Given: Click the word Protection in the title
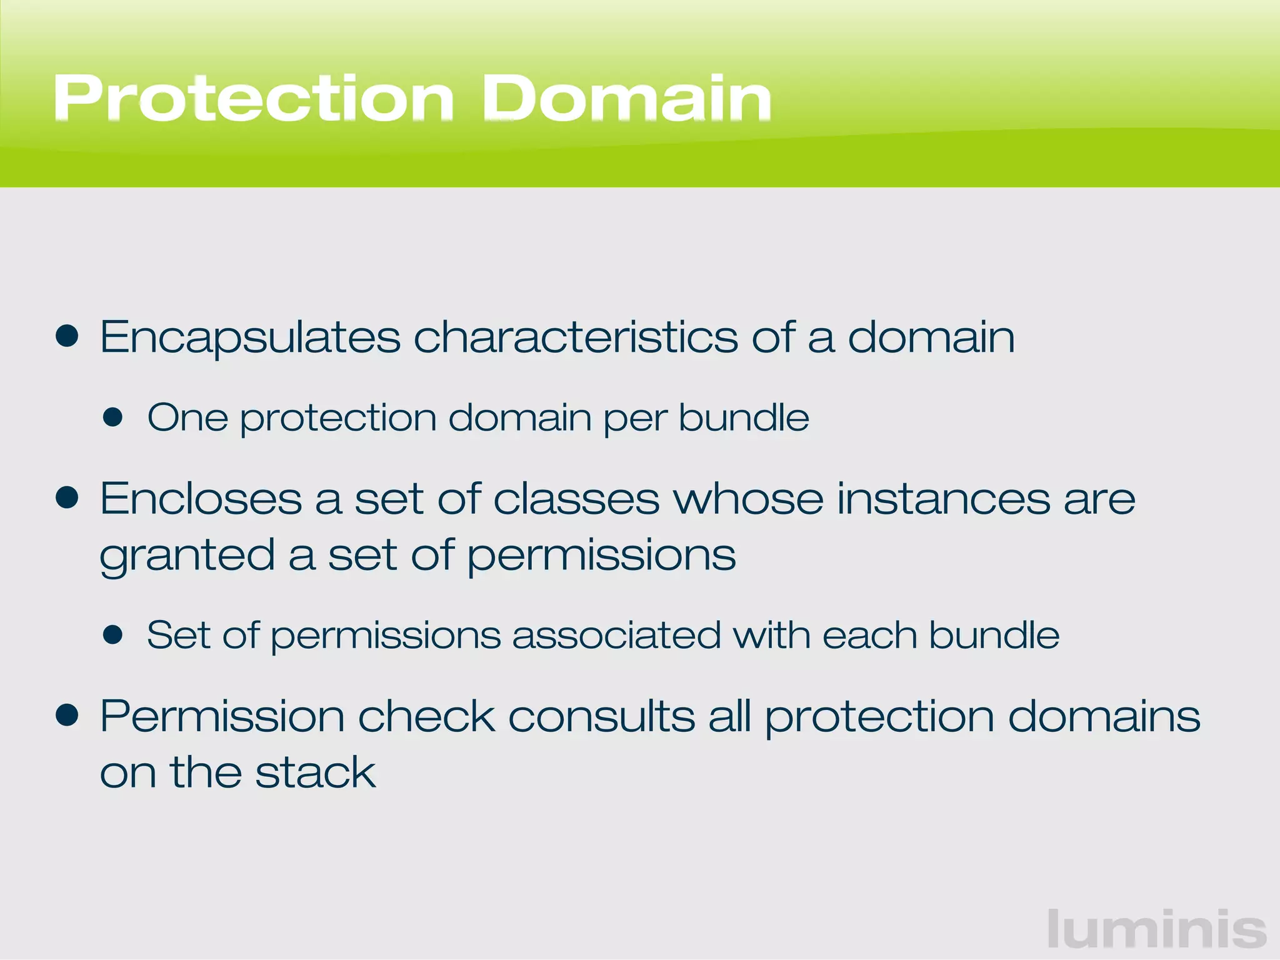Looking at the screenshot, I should pos(254,99).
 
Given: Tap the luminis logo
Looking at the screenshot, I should pos(1156,929).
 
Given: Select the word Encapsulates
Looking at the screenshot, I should pos(250,338).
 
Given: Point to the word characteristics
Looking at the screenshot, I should pos(576,337).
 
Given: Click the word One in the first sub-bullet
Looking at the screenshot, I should pos(187,417).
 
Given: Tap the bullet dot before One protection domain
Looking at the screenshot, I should pos(113,417).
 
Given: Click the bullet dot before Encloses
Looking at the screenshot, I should pos(67,498).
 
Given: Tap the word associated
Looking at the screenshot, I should pos(616,636).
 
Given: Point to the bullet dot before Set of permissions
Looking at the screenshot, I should pos(113,635).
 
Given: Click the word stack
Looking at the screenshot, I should pos(316,772).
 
